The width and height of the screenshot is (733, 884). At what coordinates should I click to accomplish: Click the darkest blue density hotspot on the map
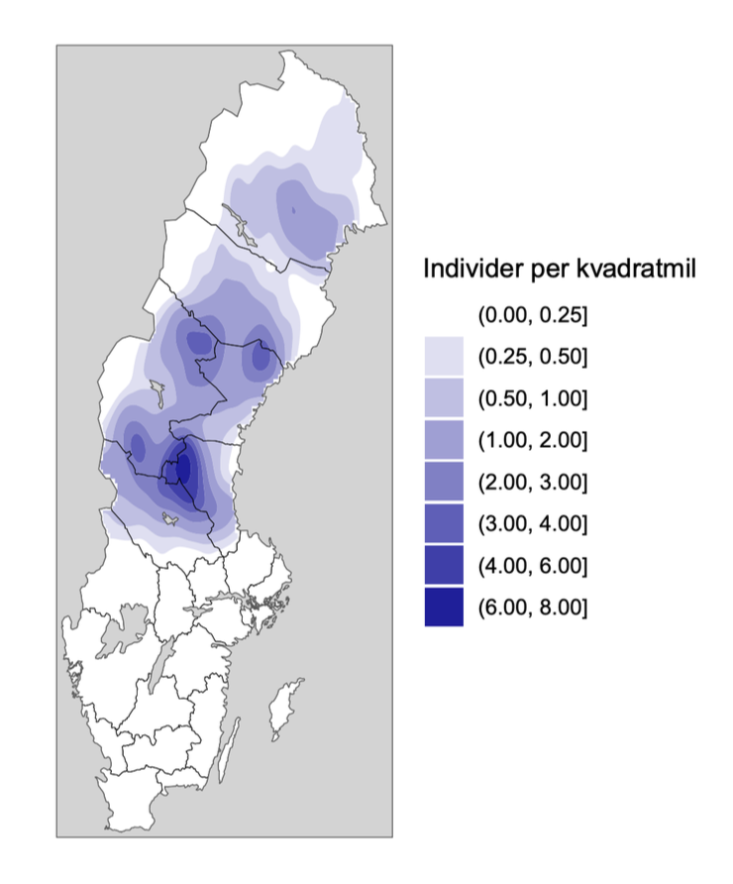click(181, 467)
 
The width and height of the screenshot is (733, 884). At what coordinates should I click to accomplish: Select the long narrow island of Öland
click(230, 748)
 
